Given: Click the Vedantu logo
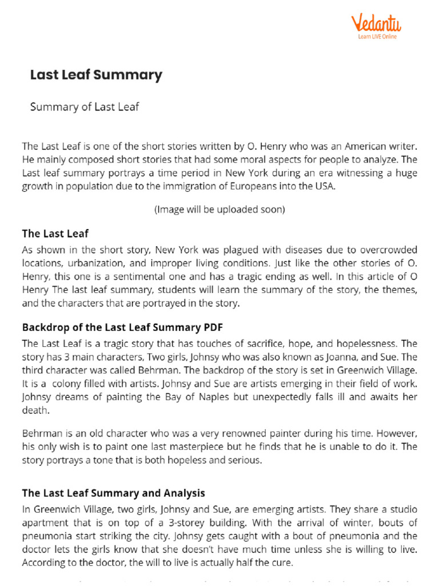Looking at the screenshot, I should pos(376,23).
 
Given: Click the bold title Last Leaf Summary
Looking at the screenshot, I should pos(96,75).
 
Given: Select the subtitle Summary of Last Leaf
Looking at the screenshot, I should pos(85,107).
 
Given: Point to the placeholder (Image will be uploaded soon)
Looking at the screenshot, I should pos(219,209).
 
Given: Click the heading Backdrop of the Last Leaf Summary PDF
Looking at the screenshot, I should pos(122,328).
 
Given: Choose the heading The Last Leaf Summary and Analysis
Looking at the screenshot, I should pos(113,493).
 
